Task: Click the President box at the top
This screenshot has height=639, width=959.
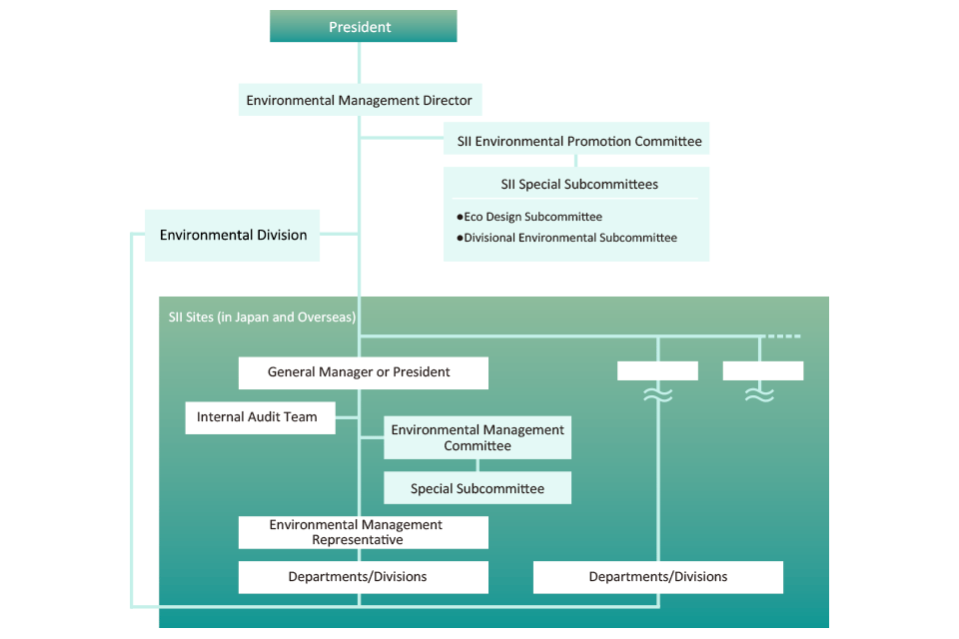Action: [x=363, y=27]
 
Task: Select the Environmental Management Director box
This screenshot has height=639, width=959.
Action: [x=360, y=101]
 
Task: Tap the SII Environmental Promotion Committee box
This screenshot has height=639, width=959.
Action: [x=578, y=142]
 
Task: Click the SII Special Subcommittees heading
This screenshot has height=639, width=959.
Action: [x=578, y=185]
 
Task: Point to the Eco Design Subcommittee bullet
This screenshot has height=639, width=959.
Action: [x=529, y=217]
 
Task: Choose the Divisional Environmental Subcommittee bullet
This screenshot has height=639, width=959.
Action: [x=567, y=238]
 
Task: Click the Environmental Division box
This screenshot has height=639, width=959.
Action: [x=233, y=236]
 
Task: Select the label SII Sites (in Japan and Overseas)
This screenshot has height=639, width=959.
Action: [x=263, y=318]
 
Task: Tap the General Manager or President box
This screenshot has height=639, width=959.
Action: [x=363, y=372]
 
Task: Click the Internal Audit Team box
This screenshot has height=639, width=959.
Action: [x=257, y=417]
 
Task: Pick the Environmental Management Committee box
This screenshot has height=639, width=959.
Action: [x=478, y=437]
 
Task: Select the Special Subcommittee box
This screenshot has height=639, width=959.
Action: [x=478, y=489]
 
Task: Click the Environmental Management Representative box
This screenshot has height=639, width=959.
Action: [x=363, y=532]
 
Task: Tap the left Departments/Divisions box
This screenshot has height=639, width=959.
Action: [x=363, y=577]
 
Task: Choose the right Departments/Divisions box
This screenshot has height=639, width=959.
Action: [x=657, y=577]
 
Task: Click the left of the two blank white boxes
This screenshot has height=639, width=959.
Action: [x=657, y=371]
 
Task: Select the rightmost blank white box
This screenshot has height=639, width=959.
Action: [x=762, y=371]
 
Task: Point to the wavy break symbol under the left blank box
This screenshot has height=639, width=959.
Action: [x=657, y=396]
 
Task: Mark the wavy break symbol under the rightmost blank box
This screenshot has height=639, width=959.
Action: [x=760, y=396]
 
